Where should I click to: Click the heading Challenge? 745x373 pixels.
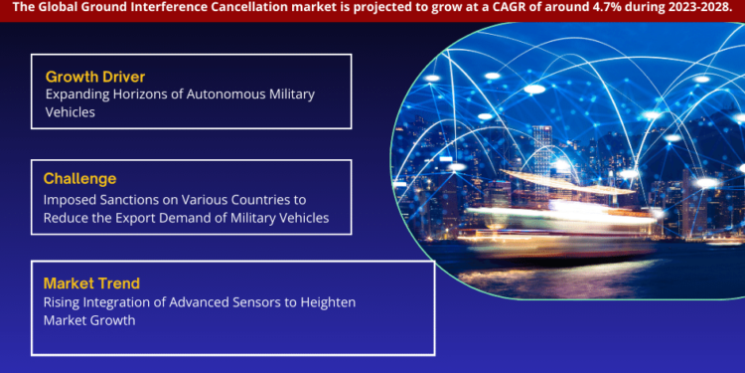tap(79, 179)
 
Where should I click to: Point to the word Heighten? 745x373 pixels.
tap(327, 301)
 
